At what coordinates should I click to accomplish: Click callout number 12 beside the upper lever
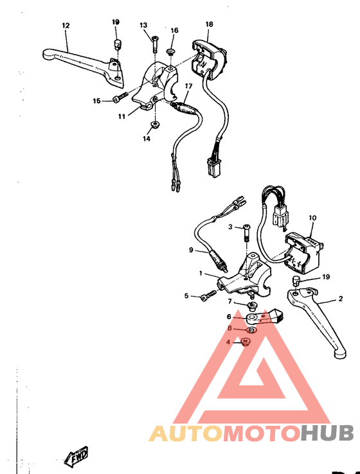(66, 26)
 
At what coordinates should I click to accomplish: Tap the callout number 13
(144, 25)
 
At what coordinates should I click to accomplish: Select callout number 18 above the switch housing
(209, 24)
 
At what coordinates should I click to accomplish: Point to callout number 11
(122, 116)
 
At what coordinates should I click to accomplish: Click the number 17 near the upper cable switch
(189, 86)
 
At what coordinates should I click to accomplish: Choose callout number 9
(191, 250)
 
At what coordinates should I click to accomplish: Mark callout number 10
(312, 218)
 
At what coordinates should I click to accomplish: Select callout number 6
(228, 316)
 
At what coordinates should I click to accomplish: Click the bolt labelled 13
(155, 44)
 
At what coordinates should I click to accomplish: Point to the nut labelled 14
(155, 123)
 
